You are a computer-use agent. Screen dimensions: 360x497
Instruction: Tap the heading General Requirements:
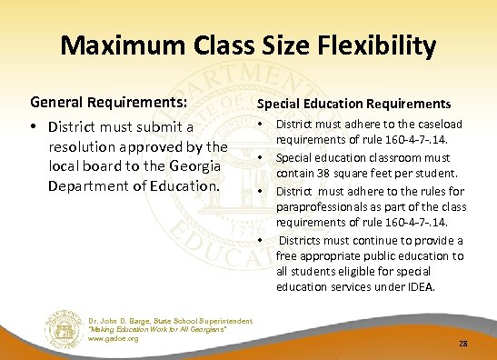point(110,104)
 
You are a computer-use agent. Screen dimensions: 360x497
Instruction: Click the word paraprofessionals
point(323,205)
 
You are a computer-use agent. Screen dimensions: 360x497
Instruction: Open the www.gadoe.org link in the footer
point(114,338)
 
